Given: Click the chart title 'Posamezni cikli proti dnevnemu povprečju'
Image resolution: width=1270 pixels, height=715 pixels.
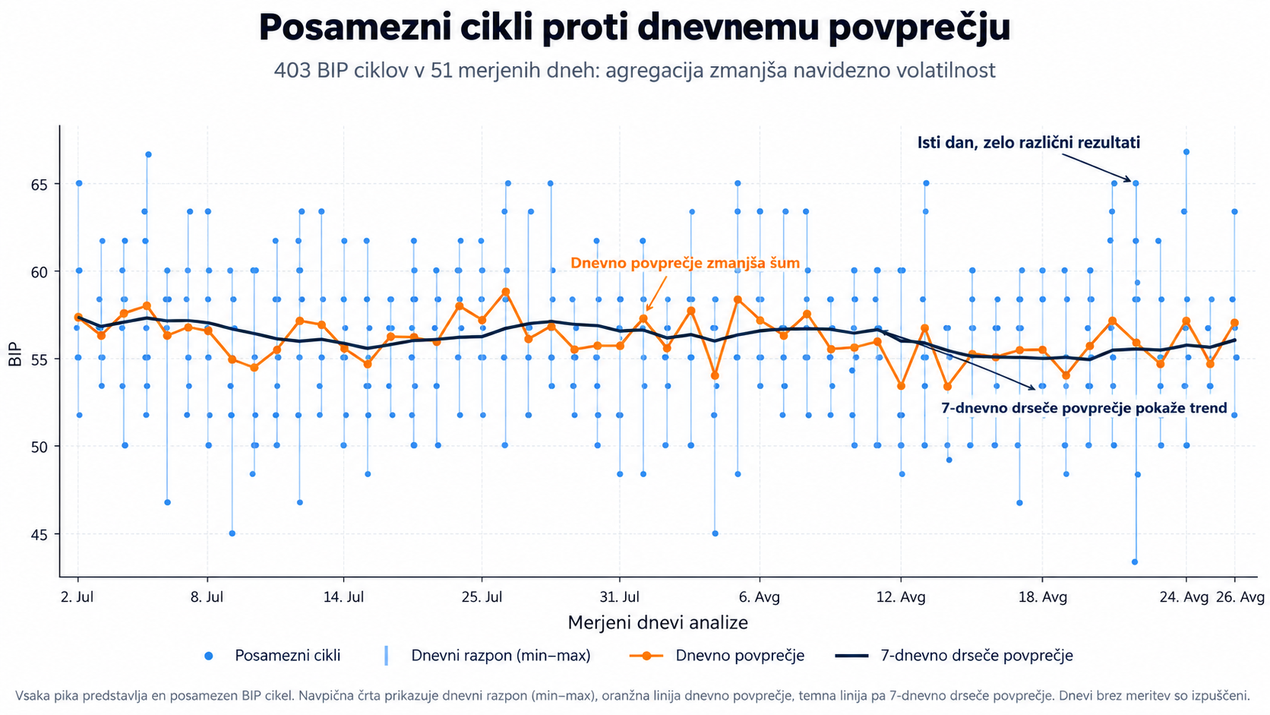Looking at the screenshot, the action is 634,27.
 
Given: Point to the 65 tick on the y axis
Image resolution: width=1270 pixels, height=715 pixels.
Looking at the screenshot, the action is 40,185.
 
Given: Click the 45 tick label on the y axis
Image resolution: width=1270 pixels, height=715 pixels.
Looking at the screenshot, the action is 40,535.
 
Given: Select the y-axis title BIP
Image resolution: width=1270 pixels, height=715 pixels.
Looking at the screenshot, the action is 15,355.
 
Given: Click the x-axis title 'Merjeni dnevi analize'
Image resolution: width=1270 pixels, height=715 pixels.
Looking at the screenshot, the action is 658,622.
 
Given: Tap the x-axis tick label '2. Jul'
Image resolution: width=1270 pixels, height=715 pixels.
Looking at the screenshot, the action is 77,597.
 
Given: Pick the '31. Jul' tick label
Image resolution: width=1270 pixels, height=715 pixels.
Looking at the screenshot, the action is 620,597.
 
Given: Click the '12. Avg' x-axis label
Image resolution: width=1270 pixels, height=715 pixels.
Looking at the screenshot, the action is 901,597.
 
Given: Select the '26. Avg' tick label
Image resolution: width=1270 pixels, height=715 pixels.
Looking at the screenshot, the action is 1240,597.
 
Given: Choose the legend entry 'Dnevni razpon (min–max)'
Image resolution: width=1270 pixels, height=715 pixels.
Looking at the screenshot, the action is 488,656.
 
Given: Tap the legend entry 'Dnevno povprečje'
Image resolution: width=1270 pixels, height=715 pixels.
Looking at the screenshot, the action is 717,656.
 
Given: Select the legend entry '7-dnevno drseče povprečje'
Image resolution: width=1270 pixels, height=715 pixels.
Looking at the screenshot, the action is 954,656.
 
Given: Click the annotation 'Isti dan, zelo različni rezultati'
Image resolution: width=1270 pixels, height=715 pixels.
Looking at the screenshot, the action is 1028,142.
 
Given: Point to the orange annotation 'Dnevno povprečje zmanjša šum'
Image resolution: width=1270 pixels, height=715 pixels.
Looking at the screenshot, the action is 685,263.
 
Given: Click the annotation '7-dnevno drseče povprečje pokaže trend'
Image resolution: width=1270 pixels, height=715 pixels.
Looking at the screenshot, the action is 1084,408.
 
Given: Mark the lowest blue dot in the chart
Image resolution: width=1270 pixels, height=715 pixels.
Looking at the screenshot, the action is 1135,562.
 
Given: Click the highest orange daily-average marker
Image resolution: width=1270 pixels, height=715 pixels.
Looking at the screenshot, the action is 506,292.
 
